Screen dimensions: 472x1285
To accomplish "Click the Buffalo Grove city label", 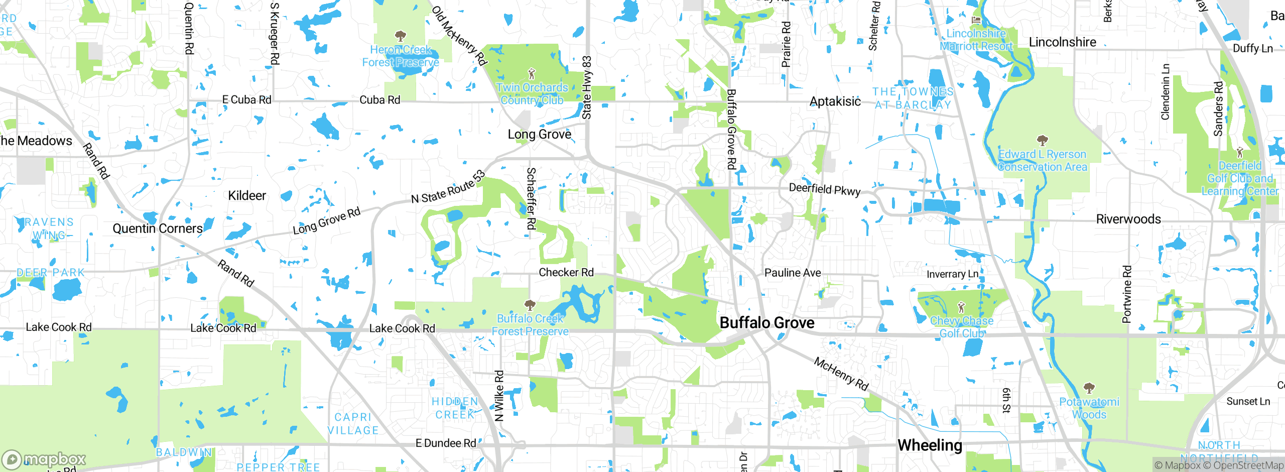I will point(767,323).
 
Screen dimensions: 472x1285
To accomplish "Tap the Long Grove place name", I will point(539,135).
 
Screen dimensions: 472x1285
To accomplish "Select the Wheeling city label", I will point(930,445).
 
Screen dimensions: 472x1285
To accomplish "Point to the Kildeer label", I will point(247,196).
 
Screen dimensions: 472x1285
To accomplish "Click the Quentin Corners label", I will point(158,229).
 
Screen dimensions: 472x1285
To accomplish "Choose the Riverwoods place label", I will point(1128,219).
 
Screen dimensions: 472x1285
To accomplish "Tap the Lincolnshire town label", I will point(1062,42).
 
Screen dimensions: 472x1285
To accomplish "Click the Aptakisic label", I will point(835,102).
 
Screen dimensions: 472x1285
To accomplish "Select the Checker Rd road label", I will point(566,273).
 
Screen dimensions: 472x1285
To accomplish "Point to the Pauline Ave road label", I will point(793,273).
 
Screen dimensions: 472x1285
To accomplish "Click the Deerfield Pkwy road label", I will point(825,189).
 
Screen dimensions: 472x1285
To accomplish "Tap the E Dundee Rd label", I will point(446,443).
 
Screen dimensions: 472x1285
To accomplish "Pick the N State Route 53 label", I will point(448,187).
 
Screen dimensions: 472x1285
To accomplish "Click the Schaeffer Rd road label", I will point(531,199).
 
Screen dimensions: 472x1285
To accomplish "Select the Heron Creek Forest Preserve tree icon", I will point(401,36).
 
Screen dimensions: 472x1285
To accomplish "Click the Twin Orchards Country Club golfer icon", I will point(532,74).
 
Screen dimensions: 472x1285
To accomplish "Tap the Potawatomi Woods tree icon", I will point(1089,388).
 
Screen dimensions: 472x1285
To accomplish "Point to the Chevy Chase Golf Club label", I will point(961,327).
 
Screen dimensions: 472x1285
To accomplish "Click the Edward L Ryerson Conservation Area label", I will point(1042,161).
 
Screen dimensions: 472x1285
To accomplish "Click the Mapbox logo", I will point(44,459).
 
